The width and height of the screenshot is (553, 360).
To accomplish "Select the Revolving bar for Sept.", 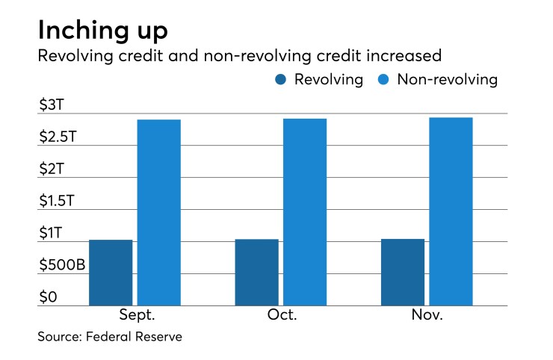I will tap(111, 273).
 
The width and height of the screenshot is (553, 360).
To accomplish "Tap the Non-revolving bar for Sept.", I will tap(159, 213).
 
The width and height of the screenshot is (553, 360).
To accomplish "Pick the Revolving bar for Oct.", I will tap(256, 273).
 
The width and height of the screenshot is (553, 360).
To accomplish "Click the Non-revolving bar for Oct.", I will tap(305, 212).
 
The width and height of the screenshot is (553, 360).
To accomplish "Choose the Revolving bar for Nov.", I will tap(403, 273).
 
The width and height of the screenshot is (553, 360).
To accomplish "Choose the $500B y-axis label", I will tap(62, 266).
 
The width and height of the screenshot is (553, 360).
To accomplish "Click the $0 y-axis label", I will tap(49, 298).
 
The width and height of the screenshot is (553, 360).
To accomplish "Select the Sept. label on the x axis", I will tap(136, 315).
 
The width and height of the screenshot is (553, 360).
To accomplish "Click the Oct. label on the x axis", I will tap(282, 315).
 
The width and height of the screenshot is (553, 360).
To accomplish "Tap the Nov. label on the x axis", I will tap(427, 315).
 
